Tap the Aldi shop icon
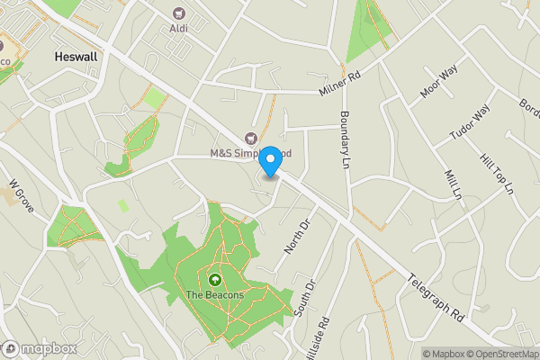[178, 13]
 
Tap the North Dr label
[296, 233]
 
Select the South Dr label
[306, 298]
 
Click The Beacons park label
[215, 294]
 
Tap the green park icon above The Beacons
[215, 279]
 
